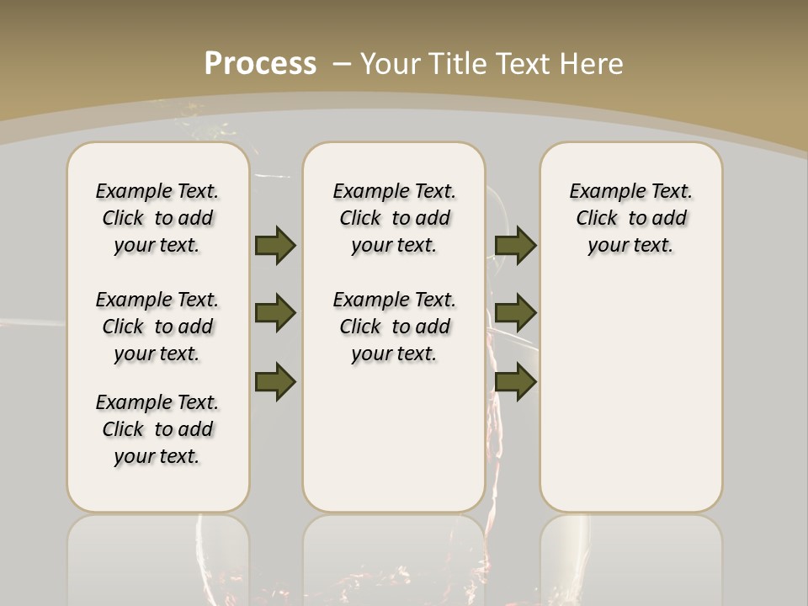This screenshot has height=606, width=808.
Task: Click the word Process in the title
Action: pos(260,63)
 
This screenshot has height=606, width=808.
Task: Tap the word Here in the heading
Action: pos(591,63)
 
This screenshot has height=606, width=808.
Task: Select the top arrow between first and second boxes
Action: pos(275,245)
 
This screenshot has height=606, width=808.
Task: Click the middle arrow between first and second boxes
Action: pos(275,313)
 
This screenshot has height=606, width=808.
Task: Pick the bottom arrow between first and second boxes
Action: pos(275,381)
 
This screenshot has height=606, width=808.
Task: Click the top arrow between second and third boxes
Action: pos(516,245)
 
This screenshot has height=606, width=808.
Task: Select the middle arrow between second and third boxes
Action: pos(516,313)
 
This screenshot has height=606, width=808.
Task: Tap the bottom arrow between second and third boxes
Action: pos(516,381)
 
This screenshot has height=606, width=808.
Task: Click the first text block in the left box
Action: pos(157,218)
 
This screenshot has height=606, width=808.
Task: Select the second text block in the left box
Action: pos(157,327)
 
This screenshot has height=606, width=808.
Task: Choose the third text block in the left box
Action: pos(157,429)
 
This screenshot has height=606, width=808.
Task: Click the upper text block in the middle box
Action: pos(394,218)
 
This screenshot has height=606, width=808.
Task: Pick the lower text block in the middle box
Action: pos(394,327)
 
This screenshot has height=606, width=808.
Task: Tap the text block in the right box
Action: pos(630,218)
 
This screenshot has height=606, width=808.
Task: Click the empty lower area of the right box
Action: pos(630,396)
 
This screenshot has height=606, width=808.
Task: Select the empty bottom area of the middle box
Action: pos(394,446)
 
